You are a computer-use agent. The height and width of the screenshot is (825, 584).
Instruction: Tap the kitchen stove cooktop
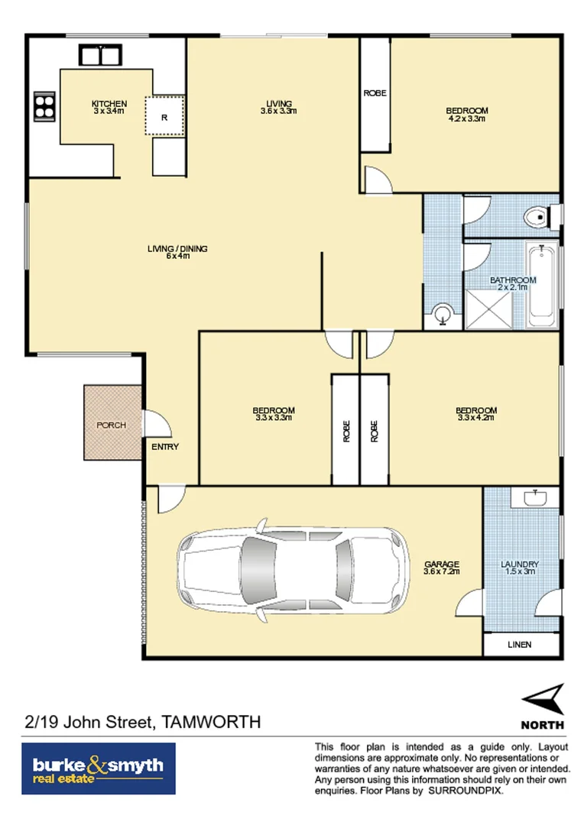tap(44, 105)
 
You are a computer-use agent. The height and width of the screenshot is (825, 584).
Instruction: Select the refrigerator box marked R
tap(165, 117)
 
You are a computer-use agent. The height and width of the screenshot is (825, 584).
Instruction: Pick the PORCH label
tap(111, 425)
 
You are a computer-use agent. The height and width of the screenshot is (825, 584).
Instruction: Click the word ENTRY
tap(164, 447)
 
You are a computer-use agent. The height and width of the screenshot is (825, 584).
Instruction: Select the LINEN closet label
tap(519, 645)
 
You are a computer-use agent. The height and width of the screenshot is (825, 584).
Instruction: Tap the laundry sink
tap(534, 499)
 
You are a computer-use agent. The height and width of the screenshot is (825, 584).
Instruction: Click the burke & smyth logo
tap(98, 768)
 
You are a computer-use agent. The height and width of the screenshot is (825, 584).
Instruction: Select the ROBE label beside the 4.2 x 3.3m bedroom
tap(375, 93)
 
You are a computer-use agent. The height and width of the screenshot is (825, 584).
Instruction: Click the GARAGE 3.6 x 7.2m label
tap(441, 568)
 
